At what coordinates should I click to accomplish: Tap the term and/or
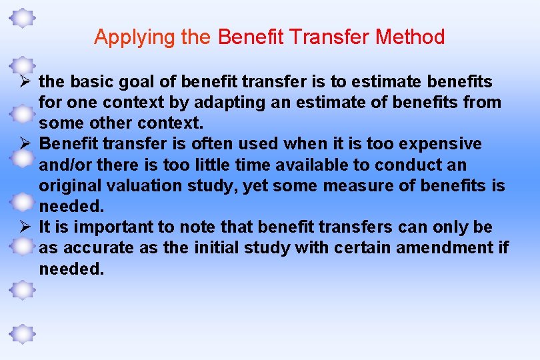pos(65,165)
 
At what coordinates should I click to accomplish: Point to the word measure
pos(360,186)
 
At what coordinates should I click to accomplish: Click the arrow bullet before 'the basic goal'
pos(23,82)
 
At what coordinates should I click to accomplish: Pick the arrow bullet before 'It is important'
pos(23,227)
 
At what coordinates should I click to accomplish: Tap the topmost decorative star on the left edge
pos(23,18)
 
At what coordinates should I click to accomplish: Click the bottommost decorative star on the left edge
pos(23,333)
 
